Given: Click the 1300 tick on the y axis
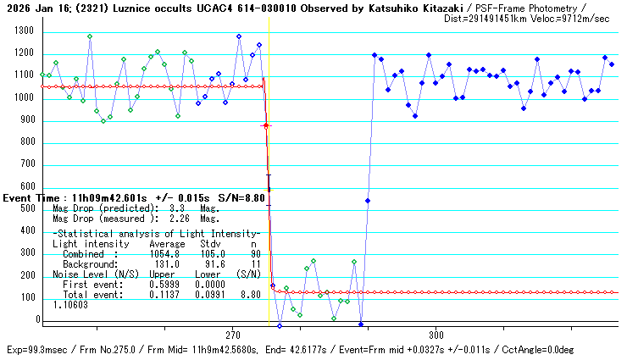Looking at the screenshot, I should tap(21, 31).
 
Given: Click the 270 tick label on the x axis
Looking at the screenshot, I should tap(234, 335).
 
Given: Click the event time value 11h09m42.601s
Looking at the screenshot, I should tap(109, 197).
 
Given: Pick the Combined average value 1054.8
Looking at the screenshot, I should tap(165, 254).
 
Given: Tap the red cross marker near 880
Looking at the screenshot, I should tap(265, 125).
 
